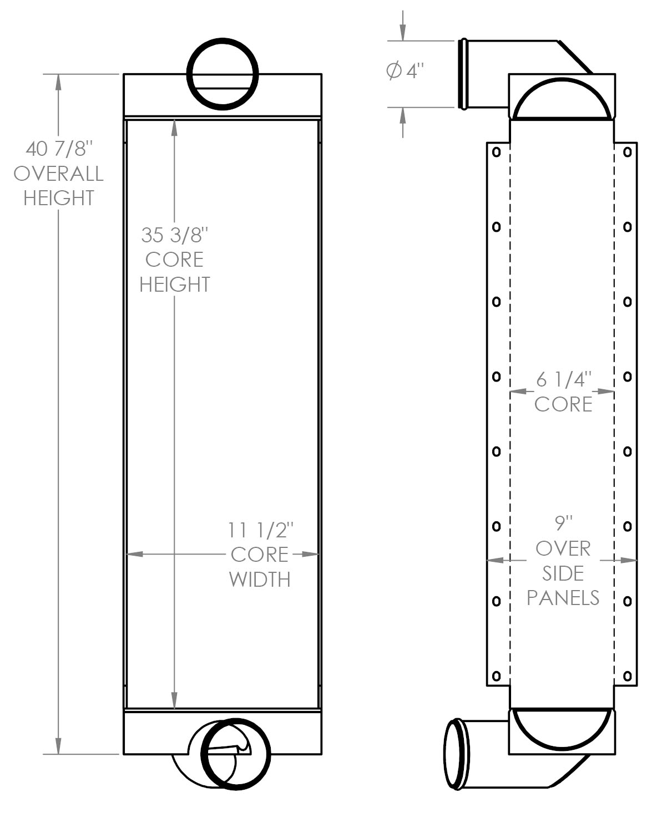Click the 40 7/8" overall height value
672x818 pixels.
click(x=59, y=149)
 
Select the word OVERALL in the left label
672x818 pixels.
click(x=59, y=174)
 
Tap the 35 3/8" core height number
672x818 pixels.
click(x=175, y=235)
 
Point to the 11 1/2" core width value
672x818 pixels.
click(x=260, y=530)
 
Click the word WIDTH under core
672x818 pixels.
click(x=260, y=580)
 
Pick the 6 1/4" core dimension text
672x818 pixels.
click(x=564, y=379)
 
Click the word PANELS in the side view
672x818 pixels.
click(x=563, y=598)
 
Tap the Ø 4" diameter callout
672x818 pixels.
click(x=405, y=71)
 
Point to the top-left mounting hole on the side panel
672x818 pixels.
click(x=497, y=152)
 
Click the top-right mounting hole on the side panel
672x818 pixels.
click(x=628, y=152)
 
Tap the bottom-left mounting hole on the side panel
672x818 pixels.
click(x=497, y=676)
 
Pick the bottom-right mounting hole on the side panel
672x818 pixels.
click(x=628, y=676)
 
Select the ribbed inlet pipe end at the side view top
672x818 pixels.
click(x=463, y=74)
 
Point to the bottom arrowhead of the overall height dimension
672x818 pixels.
click(x=59, y=746)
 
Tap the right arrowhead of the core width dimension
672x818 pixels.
click(x=310, y=554)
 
